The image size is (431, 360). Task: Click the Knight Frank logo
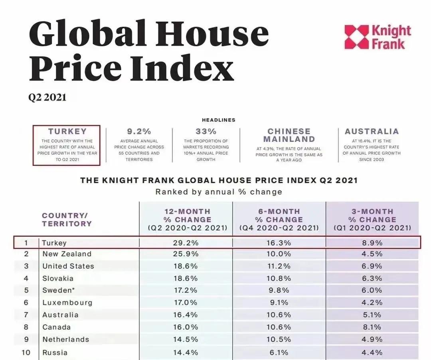click(378, 37)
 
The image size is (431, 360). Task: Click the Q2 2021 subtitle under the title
click(47, 97)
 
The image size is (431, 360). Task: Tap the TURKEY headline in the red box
click(67, 132)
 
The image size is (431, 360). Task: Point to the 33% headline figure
click(206, 132)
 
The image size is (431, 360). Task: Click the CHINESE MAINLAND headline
click(289, 135)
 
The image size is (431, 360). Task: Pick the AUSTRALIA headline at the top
click(372, 132)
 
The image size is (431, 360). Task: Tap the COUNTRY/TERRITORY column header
click(66, 219)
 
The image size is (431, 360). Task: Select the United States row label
click(68, 266)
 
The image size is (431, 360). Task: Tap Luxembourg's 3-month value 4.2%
click(372, 303)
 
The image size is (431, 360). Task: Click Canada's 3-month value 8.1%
click(372, 327)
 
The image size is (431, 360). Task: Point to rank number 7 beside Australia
click(26, 315)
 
